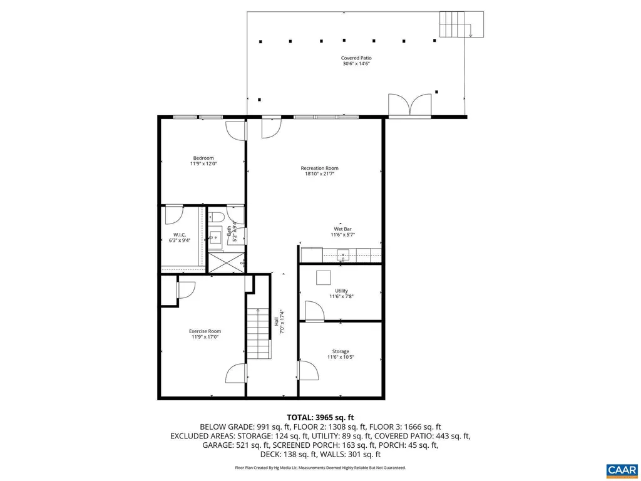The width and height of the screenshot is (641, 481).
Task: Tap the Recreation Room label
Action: coord(319,168)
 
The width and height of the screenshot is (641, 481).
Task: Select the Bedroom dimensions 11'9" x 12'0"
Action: coord(203,163)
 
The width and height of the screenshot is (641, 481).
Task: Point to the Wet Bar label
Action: coord(342,229)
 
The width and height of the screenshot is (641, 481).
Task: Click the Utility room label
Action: coord(341,291)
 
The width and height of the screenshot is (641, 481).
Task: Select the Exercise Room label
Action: coord(205,331)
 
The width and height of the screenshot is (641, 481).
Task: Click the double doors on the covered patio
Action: coord(410,105)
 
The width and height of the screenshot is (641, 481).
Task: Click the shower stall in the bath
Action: coord(226,261)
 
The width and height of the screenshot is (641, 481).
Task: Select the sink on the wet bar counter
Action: coord(342,255)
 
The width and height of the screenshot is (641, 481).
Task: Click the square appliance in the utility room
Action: coord(324,277)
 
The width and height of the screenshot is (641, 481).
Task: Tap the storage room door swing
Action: coord(308,370)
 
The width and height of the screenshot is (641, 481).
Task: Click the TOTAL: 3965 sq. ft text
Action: coord(320,417)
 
